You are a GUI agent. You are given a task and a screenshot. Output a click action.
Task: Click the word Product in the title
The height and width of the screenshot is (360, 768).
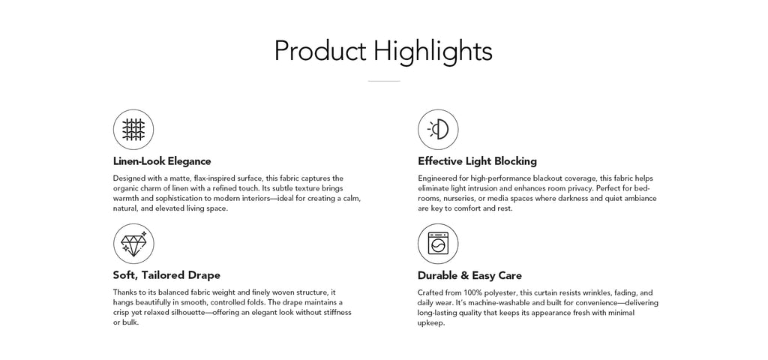click(x=319, y=51)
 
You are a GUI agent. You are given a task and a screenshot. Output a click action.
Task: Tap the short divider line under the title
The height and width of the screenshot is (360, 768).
click(x=384, y=81)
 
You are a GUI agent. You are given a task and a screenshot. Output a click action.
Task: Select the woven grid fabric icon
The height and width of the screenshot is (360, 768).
click(x=133, y=130)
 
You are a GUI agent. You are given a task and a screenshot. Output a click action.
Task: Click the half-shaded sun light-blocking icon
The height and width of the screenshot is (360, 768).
click(x=438, y=130)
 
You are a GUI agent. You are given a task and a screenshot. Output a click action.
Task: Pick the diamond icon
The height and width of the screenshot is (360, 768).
click(x=133, y=244)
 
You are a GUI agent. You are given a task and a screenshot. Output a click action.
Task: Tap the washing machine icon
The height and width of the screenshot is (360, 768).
click(x=438, y=244)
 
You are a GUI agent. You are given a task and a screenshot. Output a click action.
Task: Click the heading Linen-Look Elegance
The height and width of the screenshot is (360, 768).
click(x=162, y=161)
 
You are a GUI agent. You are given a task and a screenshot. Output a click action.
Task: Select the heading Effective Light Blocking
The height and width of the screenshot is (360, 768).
click(x=477, y=161)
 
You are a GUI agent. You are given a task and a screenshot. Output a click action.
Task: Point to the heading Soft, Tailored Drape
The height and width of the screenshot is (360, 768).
click(x=166, y=275)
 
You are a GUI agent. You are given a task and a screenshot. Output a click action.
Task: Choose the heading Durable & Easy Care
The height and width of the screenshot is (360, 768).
click(x=469, y=275)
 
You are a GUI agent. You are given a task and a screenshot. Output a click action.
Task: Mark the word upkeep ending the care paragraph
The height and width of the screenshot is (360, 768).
click(x=431, y=324)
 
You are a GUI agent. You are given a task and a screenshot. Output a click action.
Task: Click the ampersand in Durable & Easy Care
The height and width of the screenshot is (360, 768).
click(x=465, y=275)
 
